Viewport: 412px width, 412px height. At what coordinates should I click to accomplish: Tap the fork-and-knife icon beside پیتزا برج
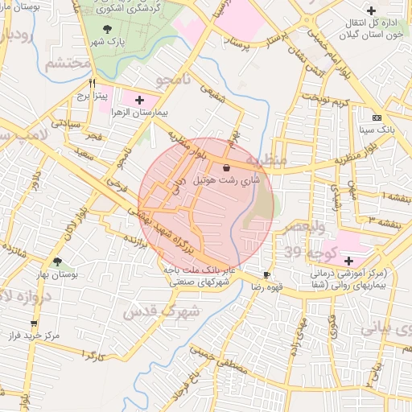pyautogui.click(x=93, y=83)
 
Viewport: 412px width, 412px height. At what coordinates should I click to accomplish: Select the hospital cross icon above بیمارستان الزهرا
pyautogui.click(x=141, y=101)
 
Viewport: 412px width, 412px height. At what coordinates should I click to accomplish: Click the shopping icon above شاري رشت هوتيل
pyautogui.click(x=226, y=167)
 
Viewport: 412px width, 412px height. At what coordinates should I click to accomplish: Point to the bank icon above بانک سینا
pyautogui.click(x=377, y=117)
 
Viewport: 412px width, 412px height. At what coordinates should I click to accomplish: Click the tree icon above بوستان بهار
pyautogui.click(x=57, y=262)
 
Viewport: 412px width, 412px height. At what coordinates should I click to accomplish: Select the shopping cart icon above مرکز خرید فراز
pyautogui.click(x=33, y=323)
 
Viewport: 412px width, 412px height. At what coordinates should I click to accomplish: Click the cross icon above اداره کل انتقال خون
pyautogui.click(x=370, y=10)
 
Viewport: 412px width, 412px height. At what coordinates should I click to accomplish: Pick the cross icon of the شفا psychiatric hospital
pyautogui.click(x=348, y=261)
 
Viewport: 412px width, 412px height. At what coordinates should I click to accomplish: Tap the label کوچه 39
pyautogui.click(x=303, y=253)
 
